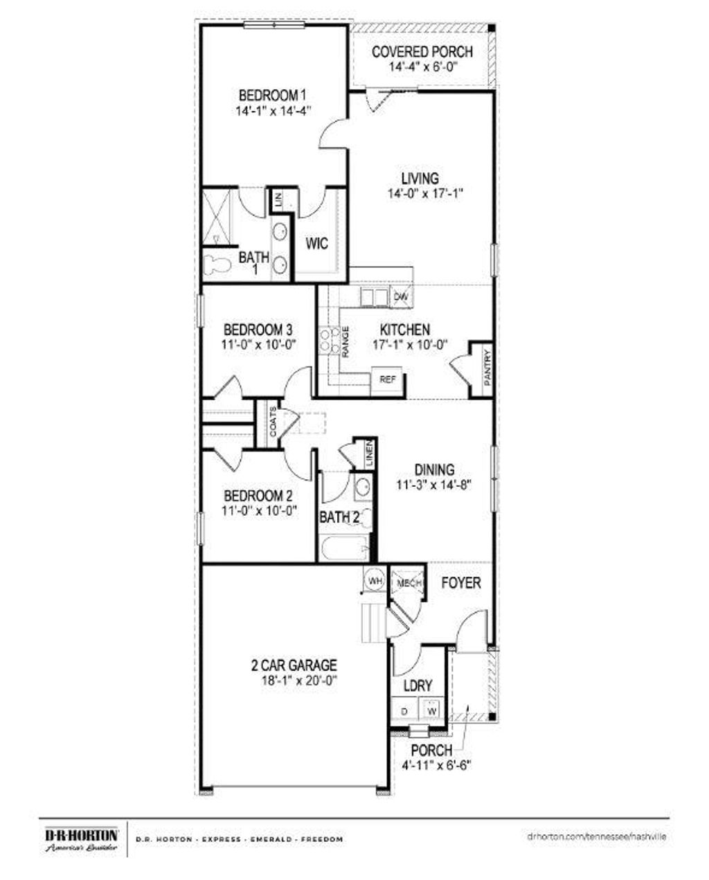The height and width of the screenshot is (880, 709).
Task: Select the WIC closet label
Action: pyautogui.click(x=316, y=244)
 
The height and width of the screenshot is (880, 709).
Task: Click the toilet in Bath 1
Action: pyautogui.click(x=217, y=264)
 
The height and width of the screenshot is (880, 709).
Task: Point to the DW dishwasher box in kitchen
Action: pyautogui.click(x=401, y=297)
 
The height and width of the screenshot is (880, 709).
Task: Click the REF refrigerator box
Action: pyautogui.click(x=388, y=380)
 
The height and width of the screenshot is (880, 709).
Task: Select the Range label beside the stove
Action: pyautogui.click(x=344, y=342)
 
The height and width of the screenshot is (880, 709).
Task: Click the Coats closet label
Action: pyautogui.click(x=273, y=422)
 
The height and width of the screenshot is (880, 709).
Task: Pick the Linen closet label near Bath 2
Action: pyautogui.click(x=369, y=454)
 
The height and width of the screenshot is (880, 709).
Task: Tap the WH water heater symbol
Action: pyautogui.click(x=375, y=581)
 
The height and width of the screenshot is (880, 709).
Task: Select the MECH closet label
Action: pyautogui.click(x=409, y=584)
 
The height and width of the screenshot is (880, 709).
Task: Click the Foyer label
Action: pyautogui.click(x=461, y=583)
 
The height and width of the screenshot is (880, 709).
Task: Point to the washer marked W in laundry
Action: pyautogui.click(x=432, y=711)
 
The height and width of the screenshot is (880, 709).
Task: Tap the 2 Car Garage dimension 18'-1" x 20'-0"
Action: pyautogui.click(x=294, y=680)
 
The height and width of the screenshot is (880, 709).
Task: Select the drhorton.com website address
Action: pyautogui.click(x=596, y=836)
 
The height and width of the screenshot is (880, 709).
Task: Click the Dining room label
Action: pyautogui.click(x=435, y=470)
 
